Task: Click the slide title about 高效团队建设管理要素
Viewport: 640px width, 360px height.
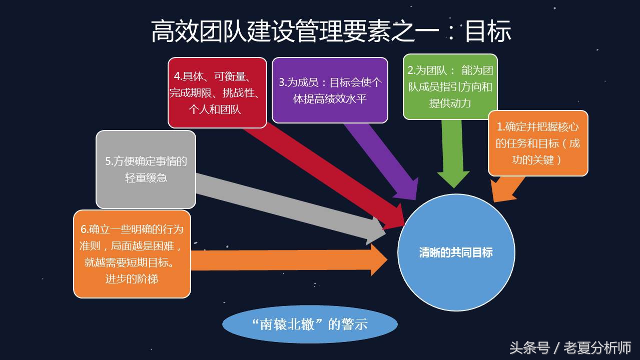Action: tap(331, 31)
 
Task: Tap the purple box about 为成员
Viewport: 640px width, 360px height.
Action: tap(330, 90)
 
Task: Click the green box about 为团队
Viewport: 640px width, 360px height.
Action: tap(450, 86)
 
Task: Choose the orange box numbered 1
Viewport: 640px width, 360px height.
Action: tap(538, 143)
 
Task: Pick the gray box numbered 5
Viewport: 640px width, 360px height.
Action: tap(146, 169)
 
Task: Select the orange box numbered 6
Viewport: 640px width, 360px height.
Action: tap(132, 254)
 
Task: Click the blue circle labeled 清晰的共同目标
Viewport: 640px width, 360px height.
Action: tap(456, 252)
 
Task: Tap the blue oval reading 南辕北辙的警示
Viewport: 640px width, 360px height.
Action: tap(310, 324)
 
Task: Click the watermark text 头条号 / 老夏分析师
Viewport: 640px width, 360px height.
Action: tap(570, 347)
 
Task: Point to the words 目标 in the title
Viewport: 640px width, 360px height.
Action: tap(487, 31)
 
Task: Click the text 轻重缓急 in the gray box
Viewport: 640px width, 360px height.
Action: tap(146, 177)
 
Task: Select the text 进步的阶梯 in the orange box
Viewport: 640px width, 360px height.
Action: tap(132, 279)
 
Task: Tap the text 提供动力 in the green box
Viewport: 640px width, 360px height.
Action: tap(450, 103)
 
